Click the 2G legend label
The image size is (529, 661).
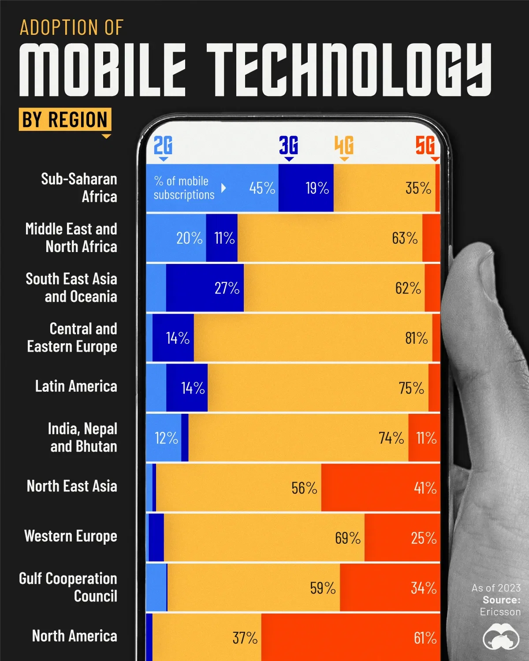(163, 145)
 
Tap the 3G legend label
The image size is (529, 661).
(289, 145)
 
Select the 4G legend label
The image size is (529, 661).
(344, 145)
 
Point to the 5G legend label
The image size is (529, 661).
(425, 145)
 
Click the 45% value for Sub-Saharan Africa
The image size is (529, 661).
(262, 188)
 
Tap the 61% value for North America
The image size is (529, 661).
(425, 638)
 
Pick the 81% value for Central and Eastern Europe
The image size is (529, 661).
(416, 338)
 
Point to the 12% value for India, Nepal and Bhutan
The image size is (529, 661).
(166, 438)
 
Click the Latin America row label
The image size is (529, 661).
(76, 386)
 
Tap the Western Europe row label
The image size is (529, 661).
(71, 536)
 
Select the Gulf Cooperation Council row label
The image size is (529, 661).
(68, 587)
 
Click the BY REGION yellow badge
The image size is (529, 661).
(65, 119)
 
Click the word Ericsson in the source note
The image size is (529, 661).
(500, 612)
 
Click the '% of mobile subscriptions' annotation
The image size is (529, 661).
(184, 188)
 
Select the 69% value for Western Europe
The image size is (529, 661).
(347, 538)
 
